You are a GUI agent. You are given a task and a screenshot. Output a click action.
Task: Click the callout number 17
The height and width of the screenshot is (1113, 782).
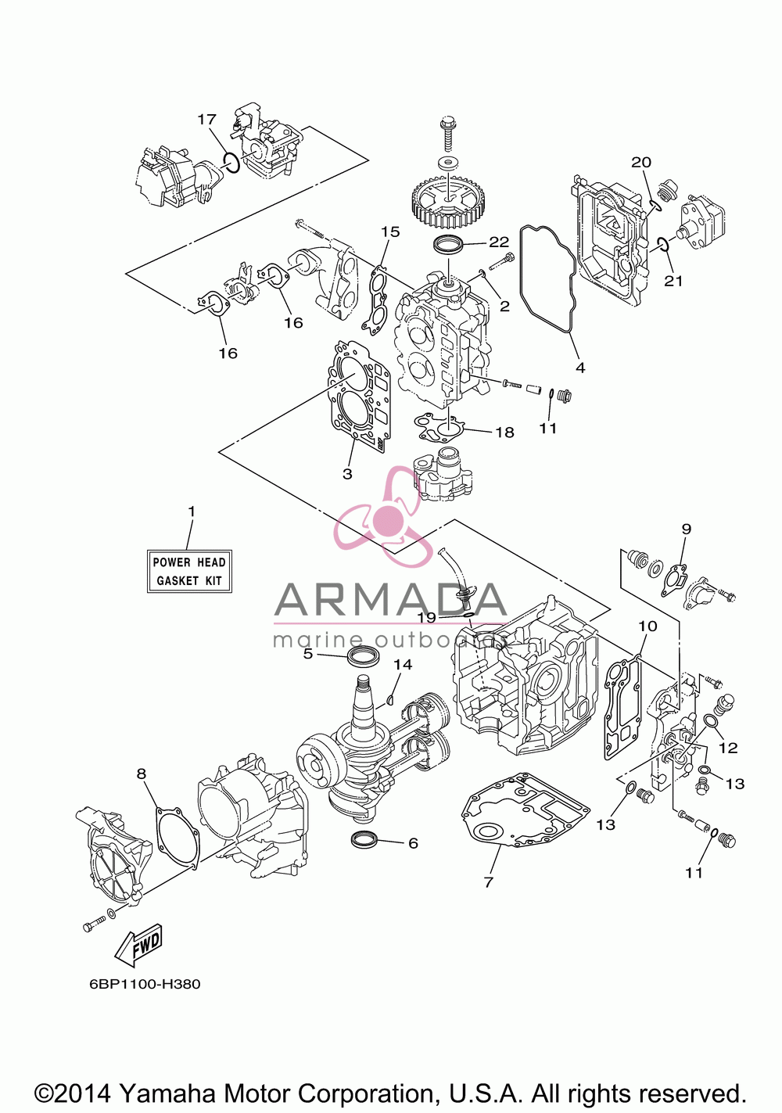pyautogui.click(x=206, y=119)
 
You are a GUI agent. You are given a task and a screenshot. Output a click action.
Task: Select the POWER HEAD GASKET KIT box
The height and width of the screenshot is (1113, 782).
pyautogui.click(x=189, y=572)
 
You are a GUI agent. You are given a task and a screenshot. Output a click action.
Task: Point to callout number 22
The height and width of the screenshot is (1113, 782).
pyautogui.click(x=500, y=242)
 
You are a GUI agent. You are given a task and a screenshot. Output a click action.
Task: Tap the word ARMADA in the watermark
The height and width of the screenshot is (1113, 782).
pyautogui.click(x=390, y=598)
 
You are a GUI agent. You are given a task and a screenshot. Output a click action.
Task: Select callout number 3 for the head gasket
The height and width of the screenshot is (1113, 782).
pyautogui.click(x=347, y=473)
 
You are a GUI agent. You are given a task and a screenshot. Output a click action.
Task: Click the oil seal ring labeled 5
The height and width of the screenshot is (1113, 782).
pyautogui.click(x=364, y=656)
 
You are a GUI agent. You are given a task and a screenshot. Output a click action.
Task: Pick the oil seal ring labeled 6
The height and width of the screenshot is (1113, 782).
pyautogui.click(x=365, y=839)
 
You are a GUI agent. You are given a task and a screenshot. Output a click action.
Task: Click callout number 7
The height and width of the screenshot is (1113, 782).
pyautogui.click(x=489, y=882)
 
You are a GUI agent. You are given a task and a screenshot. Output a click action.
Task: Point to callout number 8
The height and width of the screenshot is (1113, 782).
pyautogui.click(x=142, y=774)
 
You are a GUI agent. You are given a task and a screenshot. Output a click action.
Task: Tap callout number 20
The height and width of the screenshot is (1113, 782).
pyautogui.click(x=641, y=162)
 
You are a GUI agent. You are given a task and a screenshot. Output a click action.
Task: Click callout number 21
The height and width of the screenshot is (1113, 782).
pyautogui.click(x=673, y=281)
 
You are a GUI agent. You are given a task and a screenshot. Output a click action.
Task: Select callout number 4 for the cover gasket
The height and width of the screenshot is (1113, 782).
pyautogui.click(x=580, y=368)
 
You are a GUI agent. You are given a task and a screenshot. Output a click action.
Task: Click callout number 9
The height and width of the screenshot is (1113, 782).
pyautogui.click(x=686, y=529)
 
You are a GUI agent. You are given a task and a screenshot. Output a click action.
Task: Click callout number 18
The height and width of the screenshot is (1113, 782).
pyautogui.click(x=504, y=433)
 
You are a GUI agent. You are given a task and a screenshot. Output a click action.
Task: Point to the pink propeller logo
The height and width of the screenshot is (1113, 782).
pyautogui.click(x=383, y=517)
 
